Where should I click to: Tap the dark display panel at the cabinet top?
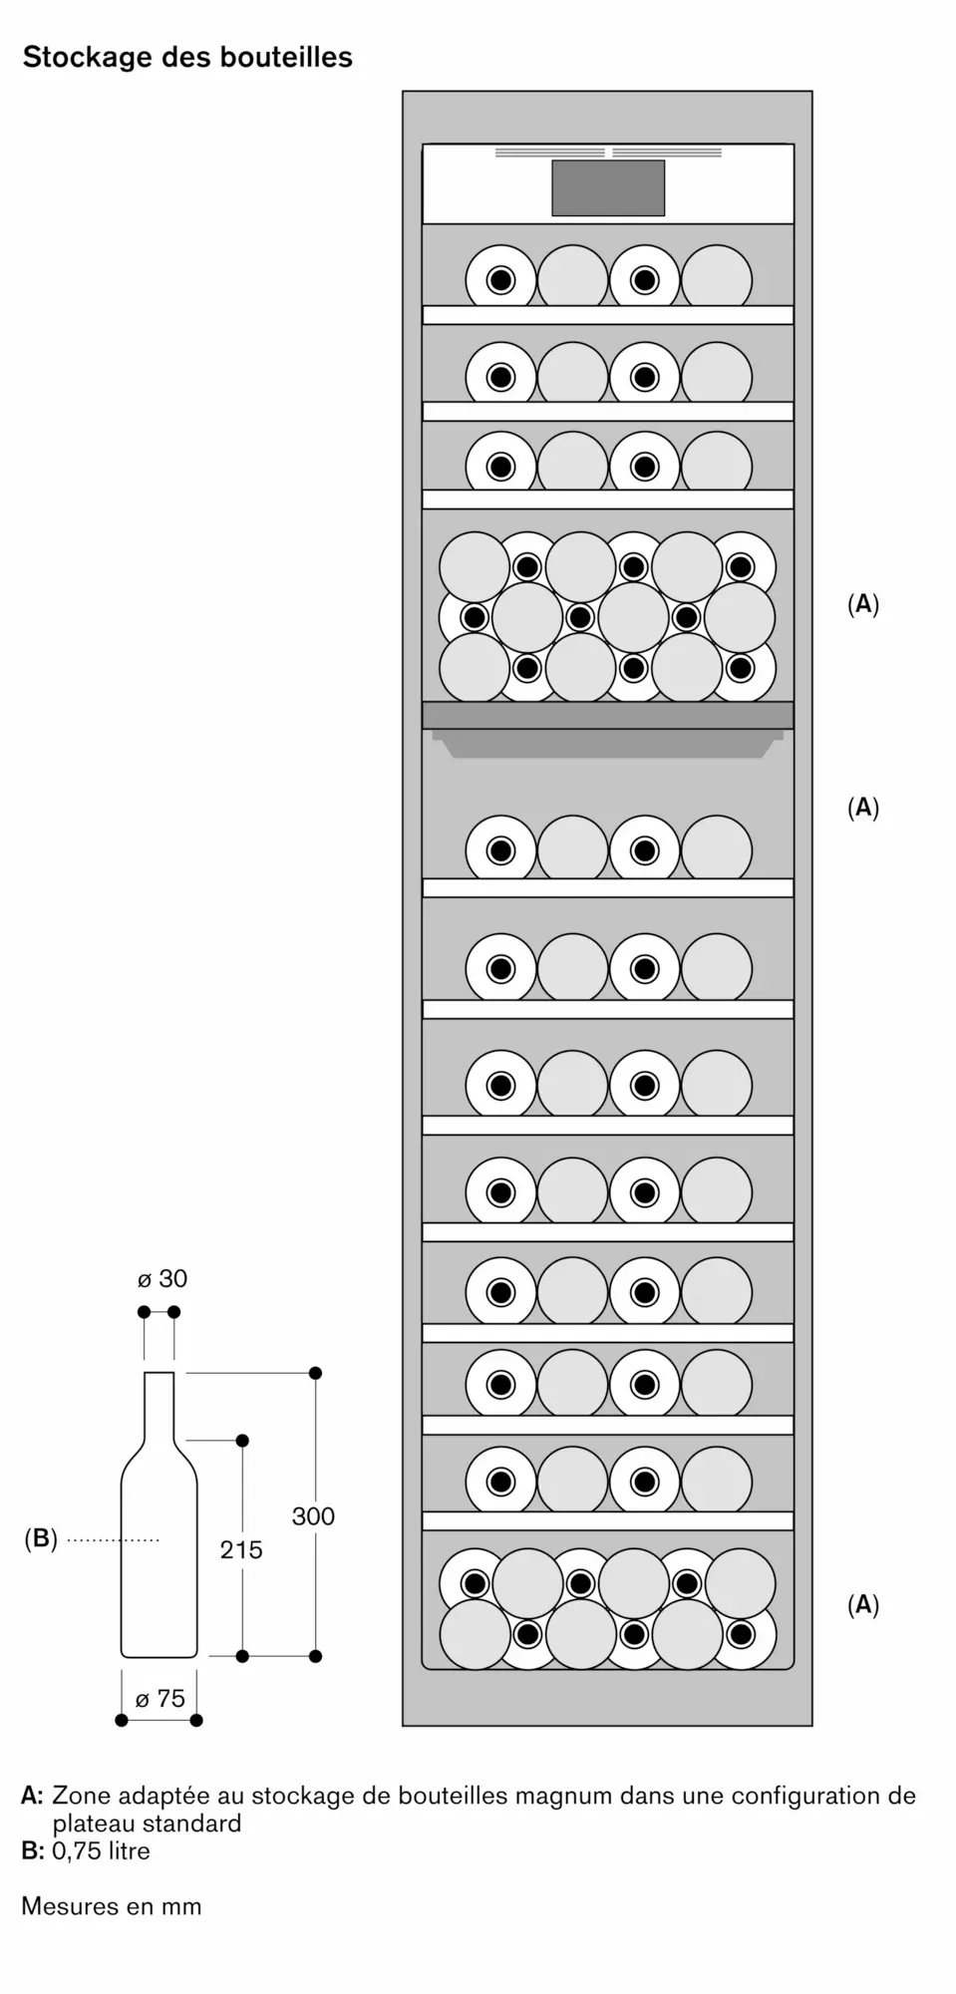608,187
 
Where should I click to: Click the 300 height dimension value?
313,1516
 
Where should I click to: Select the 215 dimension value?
241,1549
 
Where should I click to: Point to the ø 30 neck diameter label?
162,1278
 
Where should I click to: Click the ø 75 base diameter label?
160,1698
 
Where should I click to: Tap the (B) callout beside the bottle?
41,1538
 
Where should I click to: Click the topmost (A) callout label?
863,604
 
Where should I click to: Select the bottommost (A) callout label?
863,1604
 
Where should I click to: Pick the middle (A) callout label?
863,808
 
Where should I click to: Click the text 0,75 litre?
102,1850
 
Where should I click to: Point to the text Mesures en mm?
112,1905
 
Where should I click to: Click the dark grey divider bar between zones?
608,715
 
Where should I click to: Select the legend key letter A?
33,1796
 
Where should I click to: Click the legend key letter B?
33,1850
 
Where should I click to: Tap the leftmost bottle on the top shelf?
500,279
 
